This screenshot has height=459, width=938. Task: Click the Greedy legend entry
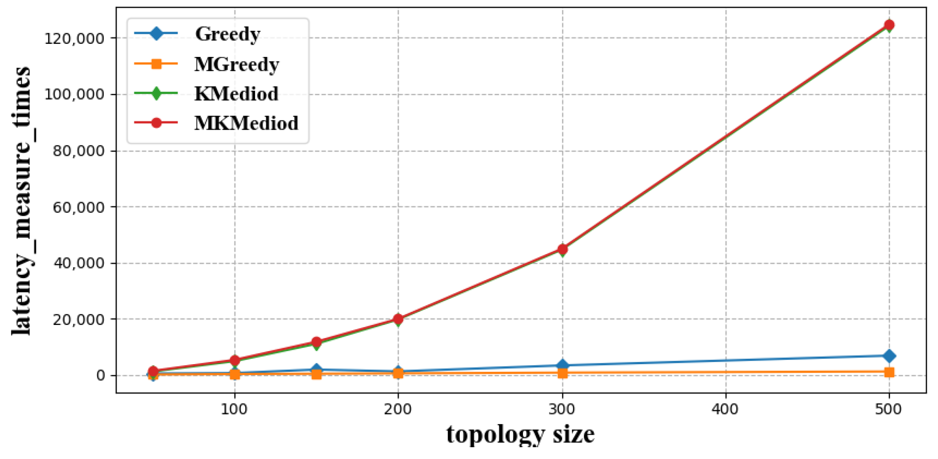tap(227, 34)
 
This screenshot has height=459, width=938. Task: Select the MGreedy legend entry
tap(236, 64)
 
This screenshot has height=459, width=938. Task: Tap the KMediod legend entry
tap(236, 94)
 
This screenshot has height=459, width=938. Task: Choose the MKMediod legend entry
tap(246, 123)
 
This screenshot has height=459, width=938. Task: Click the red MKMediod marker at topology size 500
tap(889, 25)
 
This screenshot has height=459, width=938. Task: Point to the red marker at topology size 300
tap(562, 249)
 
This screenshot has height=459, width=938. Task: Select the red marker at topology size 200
tap(398, 319)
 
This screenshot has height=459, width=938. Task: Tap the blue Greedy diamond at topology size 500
tap(889, 356)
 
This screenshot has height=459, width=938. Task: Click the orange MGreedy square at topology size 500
tap(889, 372)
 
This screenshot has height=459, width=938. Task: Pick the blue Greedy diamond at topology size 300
tap(562, 365)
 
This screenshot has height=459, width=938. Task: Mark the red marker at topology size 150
tap(316, 342)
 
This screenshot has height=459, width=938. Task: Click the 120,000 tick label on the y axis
tap(74, 38)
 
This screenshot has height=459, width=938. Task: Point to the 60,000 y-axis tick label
tap(78, 207)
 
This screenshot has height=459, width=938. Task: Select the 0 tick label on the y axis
tap(100, 376)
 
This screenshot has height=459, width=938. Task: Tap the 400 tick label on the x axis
tap(725, 409)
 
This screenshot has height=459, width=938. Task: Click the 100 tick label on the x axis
tap(234, 409)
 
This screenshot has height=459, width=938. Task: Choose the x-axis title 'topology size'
tap(520, 434)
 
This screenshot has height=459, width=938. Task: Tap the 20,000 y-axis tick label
tap(78, 319)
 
